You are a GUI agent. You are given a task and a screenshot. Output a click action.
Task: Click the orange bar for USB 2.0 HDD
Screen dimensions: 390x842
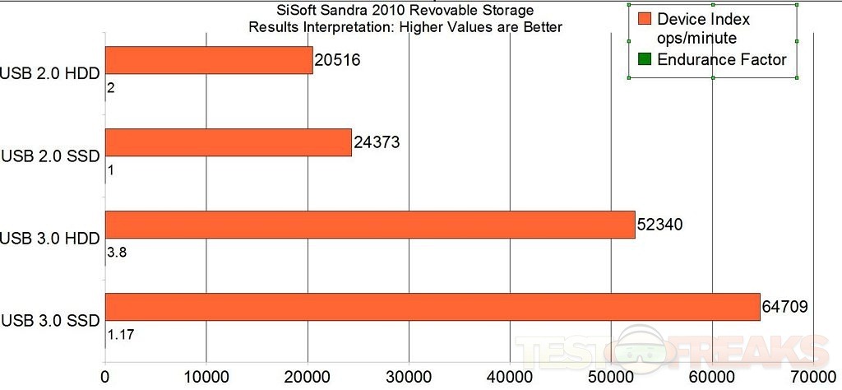(209, 60)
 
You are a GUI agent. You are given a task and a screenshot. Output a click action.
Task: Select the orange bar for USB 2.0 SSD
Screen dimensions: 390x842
(228, 142)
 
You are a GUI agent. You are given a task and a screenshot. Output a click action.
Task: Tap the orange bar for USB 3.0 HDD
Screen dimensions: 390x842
(370, 225)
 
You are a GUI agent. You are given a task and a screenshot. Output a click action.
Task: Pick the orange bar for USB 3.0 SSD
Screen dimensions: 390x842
(433, 308)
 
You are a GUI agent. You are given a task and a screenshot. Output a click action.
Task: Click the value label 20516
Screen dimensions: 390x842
(337, 60)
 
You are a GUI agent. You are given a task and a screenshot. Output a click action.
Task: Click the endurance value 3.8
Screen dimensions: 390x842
(116, 253)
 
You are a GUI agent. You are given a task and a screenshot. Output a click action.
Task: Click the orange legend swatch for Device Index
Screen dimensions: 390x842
(645, 19)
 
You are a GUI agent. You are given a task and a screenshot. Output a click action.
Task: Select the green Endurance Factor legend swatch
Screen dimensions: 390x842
(645, 59)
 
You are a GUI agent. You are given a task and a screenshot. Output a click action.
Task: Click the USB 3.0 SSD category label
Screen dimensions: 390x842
(51, 320)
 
